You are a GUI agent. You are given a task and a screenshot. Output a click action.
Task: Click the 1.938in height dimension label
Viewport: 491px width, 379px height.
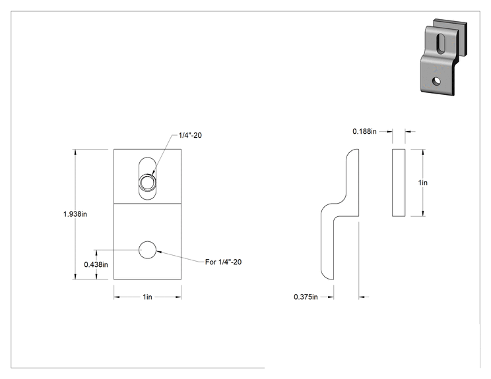pos(75,214)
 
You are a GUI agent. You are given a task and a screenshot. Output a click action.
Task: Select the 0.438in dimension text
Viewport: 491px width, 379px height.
pos(96,264)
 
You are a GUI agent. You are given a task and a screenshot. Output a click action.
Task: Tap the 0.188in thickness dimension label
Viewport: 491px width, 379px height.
pos(364,131)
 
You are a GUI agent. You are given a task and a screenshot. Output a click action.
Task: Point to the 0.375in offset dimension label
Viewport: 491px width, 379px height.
pos(306,297)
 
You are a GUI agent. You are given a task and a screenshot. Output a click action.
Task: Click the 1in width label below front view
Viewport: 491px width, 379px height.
pos(147,297)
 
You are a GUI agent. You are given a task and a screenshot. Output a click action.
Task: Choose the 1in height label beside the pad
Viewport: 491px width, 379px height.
pos(423,183)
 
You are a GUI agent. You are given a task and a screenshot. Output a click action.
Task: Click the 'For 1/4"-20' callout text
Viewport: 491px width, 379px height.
pos(223,262)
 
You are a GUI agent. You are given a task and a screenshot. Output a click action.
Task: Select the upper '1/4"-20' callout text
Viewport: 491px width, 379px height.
pos(190,135)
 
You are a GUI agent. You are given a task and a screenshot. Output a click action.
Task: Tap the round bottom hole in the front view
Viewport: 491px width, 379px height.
pos(147,250)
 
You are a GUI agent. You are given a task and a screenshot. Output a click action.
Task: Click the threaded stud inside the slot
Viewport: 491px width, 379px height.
pos(147,183)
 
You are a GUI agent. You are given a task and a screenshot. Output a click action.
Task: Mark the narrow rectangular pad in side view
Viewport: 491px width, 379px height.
pos(399,183)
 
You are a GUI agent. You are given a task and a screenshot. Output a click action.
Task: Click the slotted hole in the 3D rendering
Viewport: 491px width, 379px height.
pos(441,43)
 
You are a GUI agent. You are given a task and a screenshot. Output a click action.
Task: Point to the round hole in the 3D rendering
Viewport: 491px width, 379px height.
pos(436,81)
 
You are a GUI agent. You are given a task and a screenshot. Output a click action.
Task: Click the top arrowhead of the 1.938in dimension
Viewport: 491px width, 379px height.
pos(75,152)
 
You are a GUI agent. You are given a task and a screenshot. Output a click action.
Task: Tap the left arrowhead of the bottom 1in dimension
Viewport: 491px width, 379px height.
pos(117,297)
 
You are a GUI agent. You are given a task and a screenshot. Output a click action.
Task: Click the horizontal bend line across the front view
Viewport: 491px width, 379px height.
pos(147,204)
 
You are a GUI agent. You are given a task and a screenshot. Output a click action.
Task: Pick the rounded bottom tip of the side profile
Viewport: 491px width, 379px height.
pos(327,275)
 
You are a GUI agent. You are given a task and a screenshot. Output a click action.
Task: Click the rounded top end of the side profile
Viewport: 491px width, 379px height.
pos(352,153)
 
